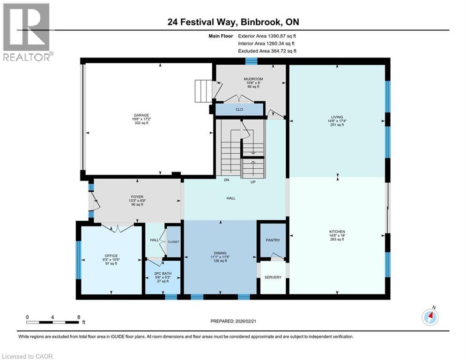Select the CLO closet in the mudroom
coord(239,110)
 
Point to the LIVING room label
coord(337,117)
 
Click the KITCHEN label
coord(337,232)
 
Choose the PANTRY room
coord(273,240)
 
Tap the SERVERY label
coord(273,277)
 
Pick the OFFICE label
coord(111,256)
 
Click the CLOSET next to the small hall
coord(174,241)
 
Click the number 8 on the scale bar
coord(79,317)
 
